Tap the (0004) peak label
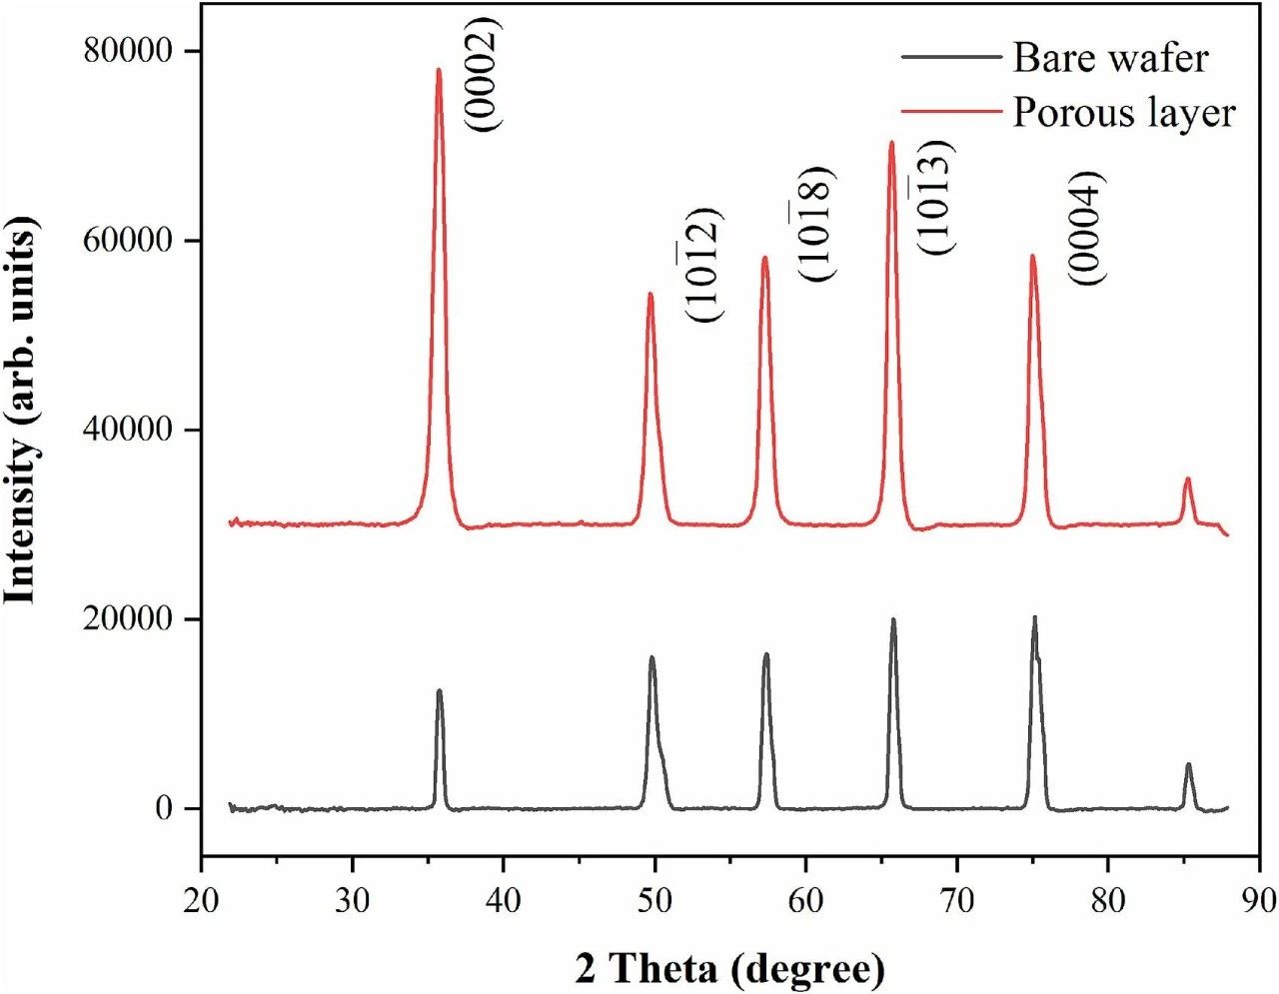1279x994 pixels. pyautogui.click(x=1088, y=228)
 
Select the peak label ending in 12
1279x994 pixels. pyautogui.click(x=703, y=264)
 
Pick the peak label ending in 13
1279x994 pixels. pyautogui.click(x=937, y=197)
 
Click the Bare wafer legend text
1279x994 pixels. pyautogui.click(x=1110, y=58)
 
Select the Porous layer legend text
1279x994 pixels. pyautogui.click(x=1124, y=112)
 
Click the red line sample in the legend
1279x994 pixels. pyautogui.click(x=950, y=112)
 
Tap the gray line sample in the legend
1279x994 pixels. pyautogui.click(x=950, y=57)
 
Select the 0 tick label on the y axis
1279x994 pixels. pyautogui.click(x=165, y=808)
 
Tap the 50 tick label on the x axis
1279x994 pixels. pyautogui.click(x=654, y=899)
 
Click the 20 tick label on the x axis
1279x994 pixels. pyautogui.click(x=202, y=899)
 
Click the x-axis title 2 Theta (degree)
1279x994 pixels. pyautogui.click(x=729, y=967)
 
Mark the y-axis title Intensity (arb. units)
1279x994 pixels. pyautogui.click(x=22, y=410)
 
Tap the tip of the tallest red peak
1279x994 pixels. pyautogui.click(x=438, y=69)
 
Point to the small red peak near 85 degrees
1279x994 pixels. pyautogui.click(x=1187, y=480)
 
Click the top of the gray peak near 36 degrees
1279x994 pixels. pyautogui.click(x=439, y=690)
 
